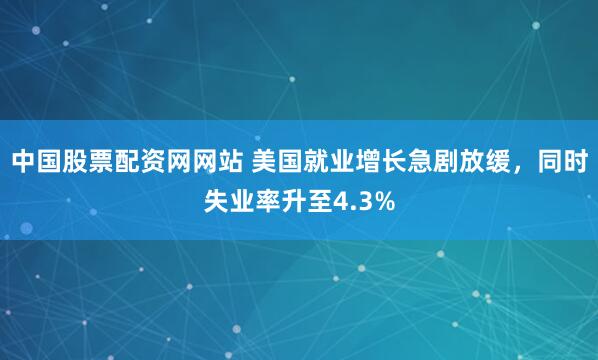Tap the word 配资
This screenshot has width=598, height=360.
point(140,160)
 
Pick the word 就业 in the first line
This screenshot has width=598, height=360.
point(330,160)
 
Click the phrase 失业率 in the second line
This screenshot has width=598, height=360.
point(241,203)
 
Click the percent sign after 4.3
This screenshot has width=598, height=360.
point(384,203)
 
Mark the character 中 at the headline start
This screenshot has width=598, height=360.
point(23,160)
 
